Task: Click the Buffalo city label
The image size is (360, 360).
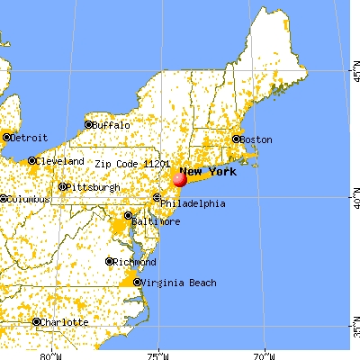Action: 113,125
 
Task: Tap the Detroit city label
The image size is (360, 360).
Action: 28,138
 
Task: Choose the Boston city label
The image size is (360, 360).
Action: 256,139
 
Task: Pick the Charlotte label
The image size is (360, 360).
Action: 66,322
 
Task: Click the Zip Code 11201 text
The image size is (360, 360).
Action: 130,165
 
